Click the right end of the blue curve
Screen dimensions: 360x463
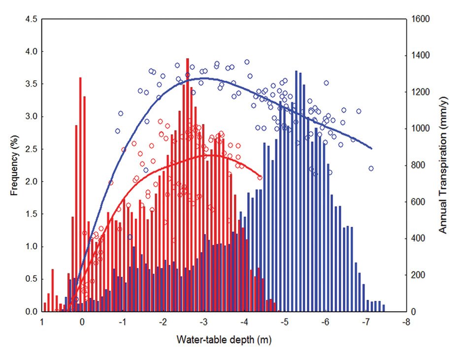point(371,148)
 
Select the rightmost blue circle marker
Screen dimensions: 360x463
point(371,168)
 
